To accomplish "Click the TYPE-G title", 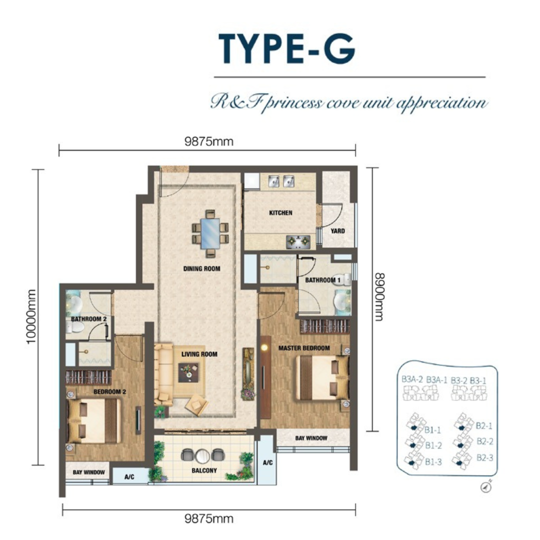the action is (x=287, y=48).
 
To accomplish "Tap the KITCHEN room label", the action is (x=280, y=213).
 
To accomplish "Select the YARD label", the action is (x=337, y=230).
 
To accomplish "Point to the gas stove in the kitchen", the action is (x=298, y=242).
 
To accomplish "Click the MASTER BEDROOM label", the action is (x=304, y=348).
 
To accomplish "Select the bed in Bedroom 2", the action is (x=93, y=421).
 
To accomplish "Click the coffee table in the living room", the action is (x=188, y=372).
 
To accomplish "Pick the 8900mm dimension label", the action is (x=379, y=297).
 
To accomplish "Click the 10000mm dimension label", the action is (x=31, y=316).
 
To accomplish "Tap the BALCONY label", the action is (x=204, y=470).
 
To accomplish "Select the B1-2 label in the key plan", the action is (x=433, y=445).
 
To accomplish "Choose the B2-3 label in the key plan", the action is (x=484, y=457).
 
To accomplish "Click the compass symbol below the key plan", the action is (x=486, y=487).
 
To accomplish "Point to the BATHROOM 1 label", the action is (x=322, y=280).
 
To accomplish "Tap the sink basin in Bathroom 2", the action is (x=74, y=303).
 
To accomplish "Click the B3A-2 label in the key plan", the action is (x=412, y=380).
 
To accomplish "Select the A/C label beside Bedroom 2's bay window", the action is (x=129, y=477).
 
